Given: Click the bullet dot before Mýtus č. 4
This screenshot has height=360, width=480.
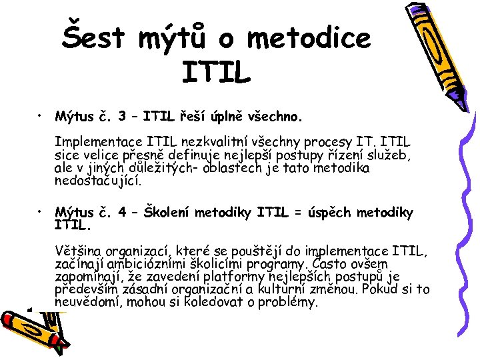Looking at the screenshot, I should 41,213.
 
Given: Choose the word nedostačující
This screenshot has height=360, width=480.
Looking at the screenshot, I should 99,180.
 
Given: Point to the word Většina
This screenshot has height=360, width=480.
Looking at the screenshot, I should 80,252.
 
